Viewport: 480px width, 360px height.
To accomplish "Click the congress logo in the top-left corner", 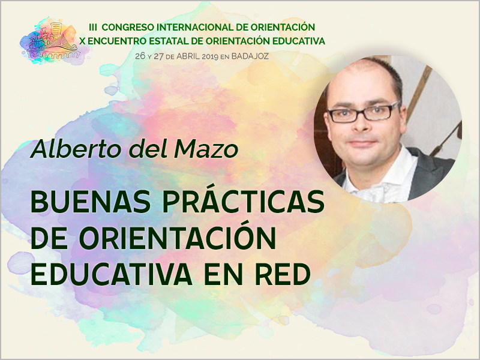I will coord(54,40).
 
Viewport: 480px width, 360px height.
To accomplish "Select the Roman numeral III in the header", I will coord(94,27).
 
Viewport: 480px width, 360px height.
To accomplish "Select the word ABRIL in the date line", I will coord(186,55).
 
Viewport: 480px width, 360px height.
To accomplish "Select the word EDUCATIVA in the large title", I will coord(112,275).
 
